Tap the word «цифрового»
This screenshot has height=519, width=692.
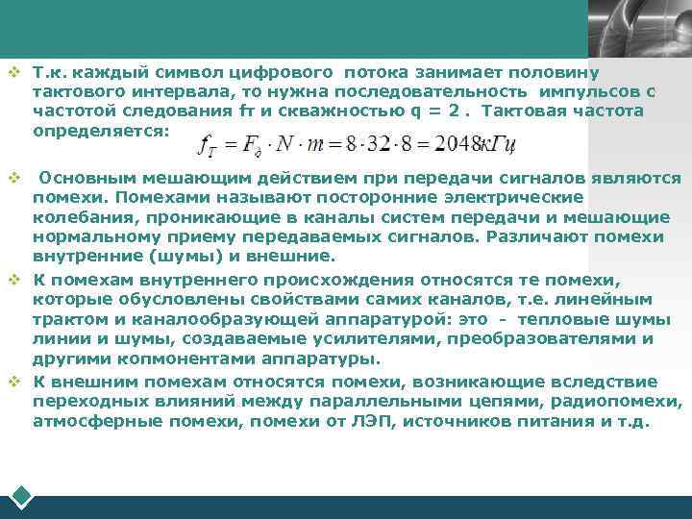click(x=284, y=72)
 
